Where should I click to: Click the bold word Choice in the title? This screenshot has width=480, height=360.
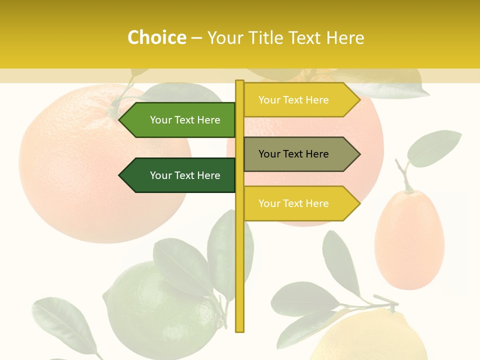(156, 37)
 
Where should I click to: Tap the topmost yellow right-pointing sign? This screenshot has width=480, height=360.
(297, 100)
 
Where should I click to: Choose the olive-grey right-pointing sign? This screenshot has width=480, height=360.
(297, 154)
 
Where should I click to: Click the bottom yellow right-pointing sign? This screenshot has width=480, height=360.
(297, 203)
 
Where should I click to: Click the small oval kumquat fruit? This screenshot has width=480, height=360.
(409, 240)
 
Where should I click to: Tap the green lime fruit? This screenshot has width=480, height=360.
(155, 310)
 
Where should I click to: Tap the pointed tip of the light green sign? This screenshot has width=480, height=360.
(120, 120)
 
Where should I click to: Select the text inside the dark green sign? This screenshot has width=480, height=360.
(185, 175)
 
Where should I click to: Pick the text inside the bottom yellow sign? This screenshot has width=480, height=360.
(293, 203)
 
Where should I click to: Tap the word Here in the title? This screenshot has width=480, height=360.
(345, 37)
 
